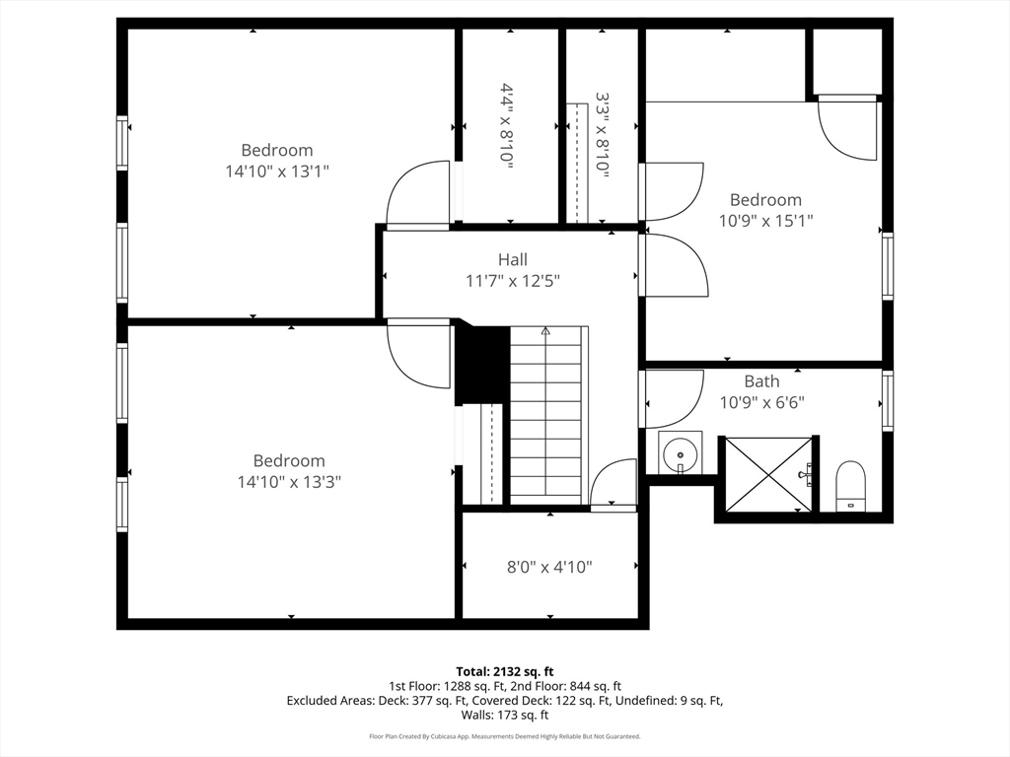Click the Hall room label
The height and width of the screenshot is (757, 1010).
(513, 259)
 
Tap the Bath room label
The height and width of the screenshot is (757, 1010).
(762, 381)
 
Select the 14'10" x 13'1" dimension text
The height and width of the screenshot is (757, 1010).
(277, 172)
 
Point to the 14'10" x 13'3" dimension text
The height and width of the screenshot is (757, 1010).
(289, 481)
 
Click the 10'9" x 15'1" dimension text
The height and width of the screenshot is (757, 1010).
(765, 221)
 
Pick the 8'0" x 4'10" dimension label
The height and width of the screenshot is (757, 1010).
(549, 567)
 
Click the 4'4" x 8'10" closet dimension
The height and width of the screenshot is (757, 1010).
(508, 126)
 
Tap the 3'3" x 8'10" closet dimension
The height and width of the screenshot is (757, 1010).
(603, 134)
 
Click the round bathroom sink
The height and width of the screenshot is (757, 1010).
(680, 453)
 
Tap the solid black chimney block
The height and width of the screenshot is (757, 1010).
(483, 365)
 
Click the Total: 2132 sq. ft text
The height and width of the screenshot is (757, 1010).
(505, 672)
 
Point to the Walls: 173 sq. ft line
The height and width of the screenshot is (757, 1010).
(505, 715)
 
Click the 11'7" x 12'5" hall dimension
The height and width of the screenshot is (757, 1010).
(513, 281)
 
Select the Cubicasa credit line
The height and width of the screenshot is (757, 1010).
(505, 736)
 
